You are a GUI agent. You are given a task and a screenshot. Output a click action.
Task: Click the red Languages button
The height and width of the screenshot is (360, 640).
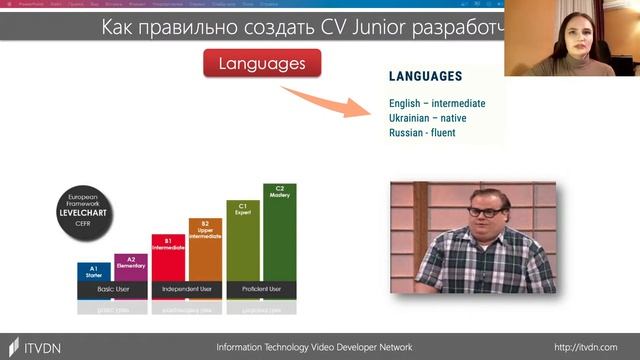(x=262, y=64)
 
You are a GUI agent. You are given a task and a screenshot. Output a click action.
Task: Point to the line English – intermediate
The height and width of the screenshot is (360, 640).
(x=437, y=104)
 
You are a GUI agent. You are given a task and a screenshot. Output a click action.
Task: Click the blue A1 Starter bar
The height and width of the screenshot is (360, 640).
(x=94, y=271)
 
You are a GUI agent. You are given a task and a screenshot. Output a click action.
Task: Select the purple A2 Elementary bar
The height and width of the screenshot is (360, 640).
(x=131, y=266)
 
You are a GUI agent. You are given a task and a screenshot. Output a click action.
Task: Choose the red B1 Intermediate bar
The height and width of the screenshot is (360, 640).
(x=168, y=257)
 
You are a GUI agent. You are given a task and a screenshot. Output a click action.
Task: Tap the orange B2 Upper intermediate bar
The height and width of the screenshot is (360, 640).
(x=205, y=249)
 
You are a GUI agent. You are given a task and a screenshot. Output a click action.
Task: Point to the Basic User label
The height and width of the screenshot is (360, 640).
(x=112, y=289)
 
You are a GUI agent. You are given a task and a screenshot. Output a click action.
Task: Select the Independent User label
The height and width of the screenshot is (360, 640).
(x=186, y=289)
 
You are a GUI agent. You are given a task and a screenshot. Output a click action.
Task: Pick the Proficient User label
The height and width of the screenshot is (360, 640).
(x=262, y=289)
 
